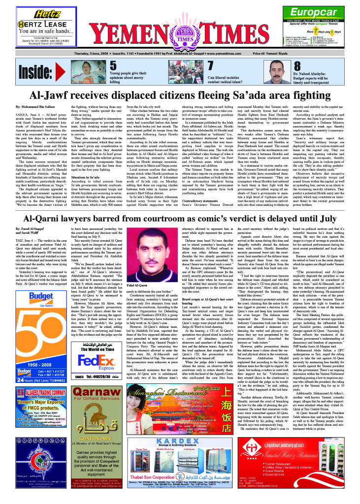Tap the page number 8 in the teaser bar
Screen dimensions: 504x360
297,65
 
